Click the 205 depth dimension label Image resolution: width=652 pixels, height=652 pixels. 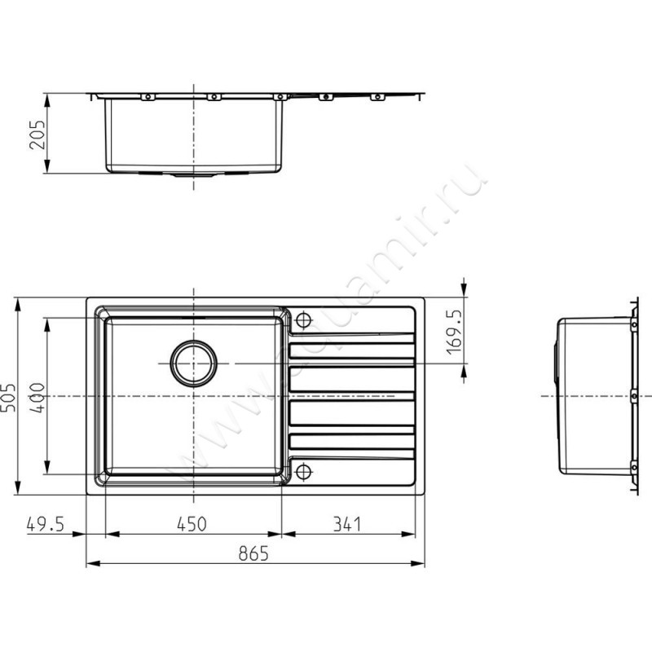coord(37,134)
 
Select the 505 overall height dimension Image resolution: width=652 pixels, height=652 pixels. coord(8,398)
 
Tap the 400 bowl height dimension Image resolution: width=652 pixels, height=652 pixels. coord(37,398)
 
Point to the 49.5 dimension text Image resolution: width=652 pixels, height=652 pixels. coord(46,524)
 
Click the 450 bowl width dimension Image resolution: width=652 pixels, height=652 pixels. coord(192,524)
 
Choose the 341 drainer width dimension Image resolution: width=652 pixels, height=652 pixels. coord(347,524)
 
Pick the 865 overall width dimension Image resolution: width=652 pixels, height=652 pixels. coord(253,554)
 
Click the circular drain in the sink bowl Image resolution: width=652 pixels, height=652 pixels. coord(193,363)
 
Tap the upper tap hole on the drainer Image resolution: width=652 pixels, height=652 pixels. coord(303,319)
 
